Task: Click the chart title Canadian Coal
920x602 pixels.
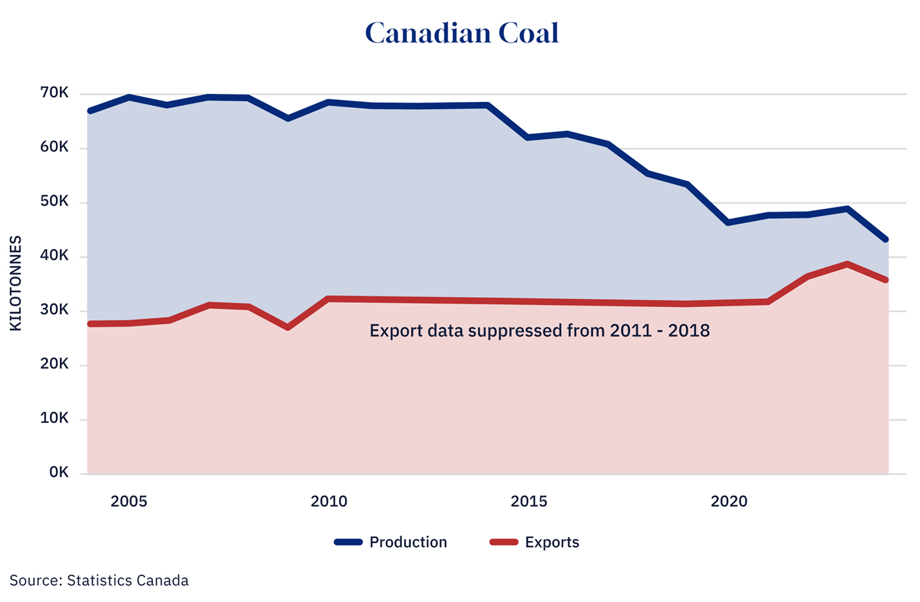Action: coord(461,33)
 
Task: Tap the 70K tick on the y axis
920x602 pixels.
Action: coord(55,93)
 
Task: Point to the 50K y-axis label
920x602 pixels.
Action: coord(55,201)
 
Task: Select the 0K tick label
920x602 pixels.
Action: coord(58,473)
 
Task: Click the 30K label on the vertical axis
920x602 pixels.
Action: coord(55,310)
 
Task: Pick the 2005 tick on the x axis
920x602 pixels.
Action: coord(129,501)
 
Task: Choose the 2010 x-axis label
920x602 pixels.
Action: coord(329,501)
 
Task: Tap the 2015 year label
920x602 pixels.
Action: coord(529,501)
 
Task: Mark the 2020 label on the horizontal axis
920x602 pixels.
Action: coord(729,501)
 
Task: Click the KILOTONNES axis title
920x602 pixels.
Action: coord(16,283)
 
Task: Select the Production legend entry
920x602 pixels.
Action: coord(407,542)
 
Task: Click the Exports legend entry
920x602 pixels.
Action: coord(552,542)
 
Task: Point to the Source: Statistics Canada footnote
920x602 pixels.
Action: coord(99,581)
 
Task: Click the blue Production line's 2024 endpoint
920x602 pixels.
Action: coord(886,239)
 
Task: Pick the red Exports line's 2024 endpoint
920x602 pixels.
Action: coord(886,280)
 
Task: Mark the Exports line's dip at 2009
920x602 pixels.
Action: coord(288,327)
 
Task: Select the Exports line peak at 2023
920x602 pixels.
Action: coord(848,264)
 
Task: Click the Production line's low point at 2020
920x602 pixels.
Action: coord(728,223)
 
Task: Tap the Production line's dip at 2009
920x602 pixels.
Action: coord(288,118)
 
